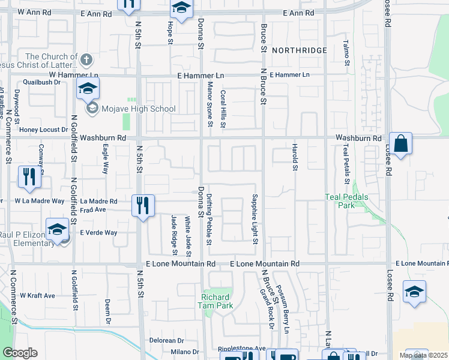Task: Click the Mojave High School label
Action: pos(139,109)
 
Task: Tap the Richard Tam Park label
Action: pos(215,301)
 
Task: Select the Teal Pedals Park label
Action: pos(347,200)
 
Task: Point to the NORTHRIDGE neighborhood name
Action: pos(299,50)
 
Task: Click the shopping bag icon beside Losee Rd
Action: pos(400,144)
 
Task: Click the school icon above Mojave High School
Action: pos(88,89)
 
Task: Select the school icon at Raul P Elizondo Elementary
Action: pos(57,230)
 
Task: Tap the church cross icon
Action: pos(86,59)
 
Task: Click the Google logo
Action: pos(20,353)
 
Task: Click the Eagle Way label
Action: pos(105,162)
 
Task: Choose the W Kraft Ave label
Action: pos(37,295)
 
